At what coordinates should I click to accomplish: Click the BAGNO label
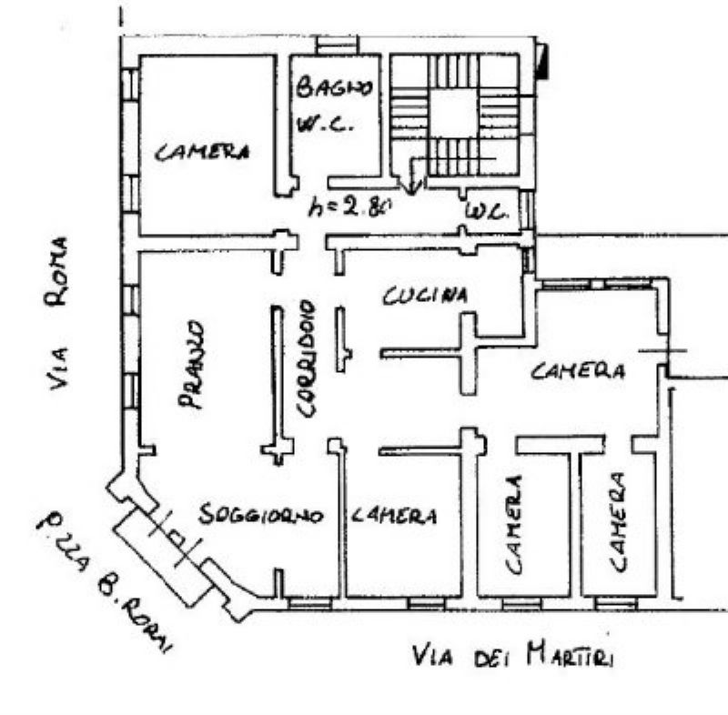tap(334, 88)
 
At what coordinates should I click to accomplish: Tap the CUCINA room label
tap(425, 296)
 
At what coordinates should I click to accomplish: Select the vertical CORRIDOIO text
tap(307, 358)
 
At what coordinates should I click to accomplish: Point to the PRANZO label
tap(191, 365)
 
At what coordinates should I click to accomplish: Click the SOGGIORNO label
tap(260, 514)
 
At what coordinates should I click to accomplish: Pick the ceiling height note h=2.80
tap(350, 206)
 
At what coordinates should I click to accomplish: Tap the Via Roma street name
tap(57, 314)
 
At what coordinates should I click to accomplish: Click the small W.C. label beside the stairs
tap(485, 213)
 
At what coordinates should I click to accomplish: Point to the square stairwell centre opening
tap(453, 112)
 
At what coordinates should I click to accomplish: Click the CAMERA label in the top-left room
tap(201, 152)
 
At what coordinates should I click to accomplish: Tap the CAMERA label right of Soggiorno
tap(394, 515)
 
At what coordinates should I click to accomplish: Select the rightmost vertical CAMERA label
tap(618, 522)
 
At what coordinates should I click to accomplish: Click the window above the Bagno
tap(338, 45)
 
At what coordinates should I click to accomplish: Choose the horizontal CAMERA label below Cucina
tap(578, 371)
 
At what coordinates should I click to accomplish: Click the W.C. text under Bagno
tap(326, 124)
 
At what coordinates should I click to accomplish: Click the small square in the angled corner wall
tap(177, 537)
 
